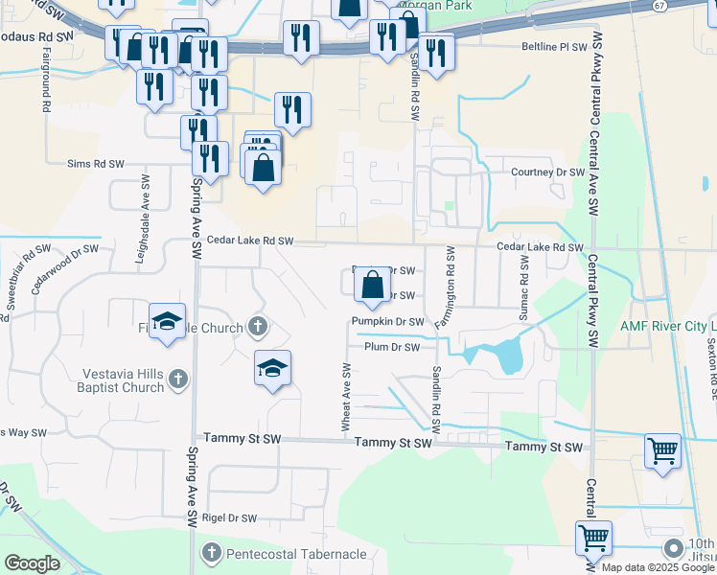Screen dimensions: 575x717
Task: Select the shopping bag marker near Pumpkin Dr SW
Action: (372, 285)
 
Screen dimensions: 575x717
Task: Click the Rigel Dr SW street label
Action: (230, 518)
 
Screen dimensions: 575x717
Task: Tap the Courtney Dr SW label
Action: (547, 172)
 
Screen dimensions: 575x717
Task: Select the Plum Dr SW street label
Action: (392, 347)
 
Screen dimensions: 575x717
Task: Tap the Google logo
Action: (32, 563)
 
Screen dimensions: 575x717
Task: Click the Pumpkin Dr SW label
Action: (387, 321)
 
